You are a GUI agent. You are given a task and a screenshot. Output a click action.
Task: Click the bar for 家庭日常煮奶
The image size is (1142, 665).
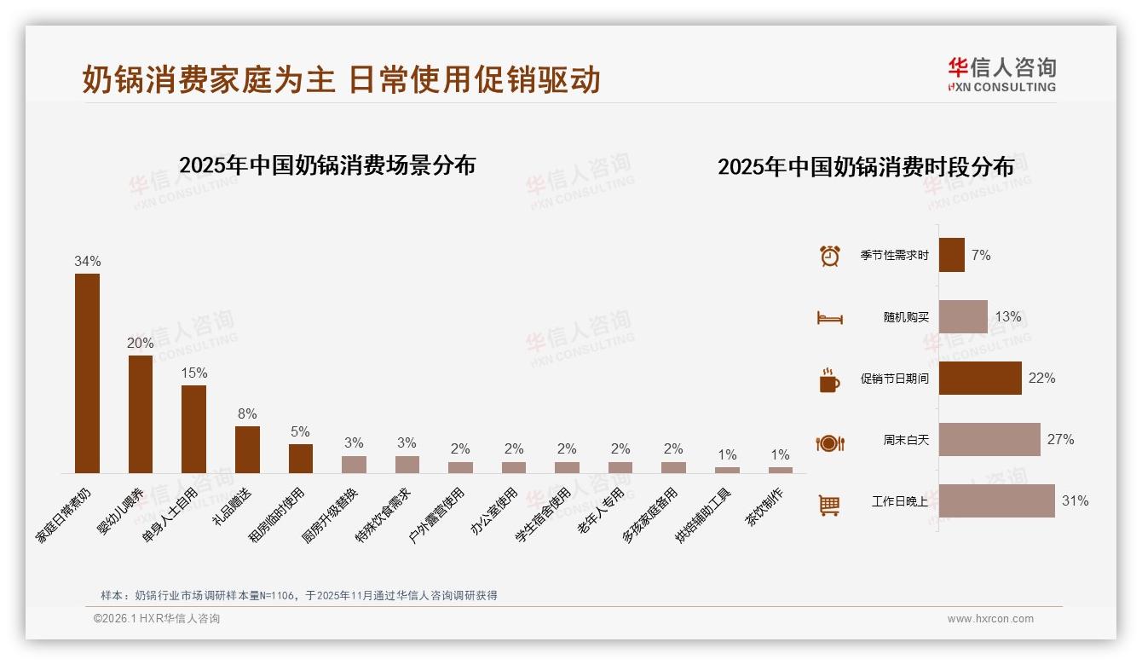(87, 373)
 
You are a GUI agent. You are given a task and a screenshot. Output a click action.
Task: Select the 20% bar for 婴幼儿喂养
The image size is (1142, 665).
(141, 413)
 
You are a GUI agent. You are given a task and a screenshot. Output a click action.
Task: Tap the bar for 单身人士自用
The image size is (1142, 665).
(193, 429)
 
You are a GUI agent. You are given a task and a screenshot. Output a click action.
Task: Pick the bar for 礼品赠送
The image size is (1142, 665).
(247, 449)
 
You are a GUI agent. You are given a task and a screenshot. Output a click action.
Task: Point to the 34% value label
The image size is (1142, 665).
(87, 262)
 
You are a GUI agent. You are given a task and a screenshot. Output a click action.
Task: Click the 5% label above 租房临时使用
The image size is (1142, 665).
(300, 432)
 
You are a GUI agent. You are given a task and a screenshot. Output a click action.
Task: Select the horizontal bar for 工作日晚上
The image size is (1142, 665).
(996, 501)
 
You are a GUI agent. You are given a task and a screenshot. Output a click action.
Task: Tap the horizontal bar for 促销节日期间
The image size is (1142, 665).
(980, 379)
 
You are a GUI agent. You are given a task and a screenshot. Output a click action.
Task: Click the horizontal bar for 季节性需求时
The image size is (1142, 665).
(951, 255)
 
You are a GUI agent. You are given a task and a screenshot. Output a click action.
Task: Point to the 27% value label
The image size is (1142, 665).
(1060, 440)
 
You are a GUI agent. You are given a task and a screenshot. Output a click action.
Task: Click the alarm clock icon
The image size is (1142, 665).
(829, 256)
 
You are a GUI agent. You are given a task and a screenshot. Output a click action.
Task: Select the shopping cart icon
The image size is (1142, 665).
(829, 505)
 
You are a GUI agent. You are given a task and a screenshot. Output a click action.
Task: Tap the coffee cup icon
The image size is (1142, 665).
(829, 380)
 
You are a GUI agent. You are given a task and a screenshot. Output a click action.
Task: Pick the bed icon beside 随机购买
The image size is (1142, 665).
(829, 318)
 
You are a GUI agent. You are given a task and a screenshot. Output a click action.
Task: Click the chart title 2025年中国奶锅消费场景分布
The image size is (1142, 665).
(327, 165)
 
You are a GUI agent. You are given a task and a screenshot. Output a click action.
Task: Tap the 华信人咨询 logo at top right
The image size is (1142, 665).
(1001, 74)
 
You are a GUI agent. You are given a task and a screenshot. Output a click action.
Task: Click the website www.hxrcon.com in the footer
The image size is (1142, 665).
(990, 619)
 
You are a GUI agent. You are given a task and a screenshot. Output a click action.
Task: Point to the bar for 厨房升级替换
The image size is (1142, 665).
(354, 465)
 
